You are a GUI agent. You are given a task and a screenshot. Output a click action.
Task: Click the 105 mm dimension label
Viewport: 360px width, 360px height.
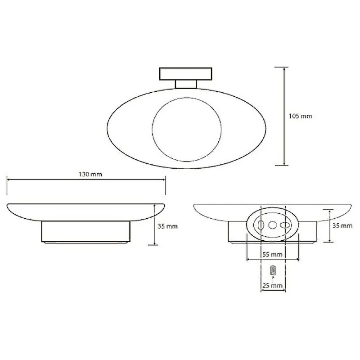pyautogui.click(x=300, y=116)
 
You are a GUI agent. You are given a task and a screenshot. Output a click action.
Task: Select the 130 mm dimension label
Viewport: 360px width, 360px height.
pyautogui.click(x=90, y=174)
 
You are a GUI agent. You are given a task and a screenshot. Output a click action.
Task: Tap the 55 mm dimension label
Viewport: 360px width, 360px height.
pyautogui.click(x=272, y=254)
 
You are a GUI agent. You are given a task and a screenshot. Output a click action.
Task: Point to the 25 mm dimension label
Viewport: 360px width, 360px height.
pyautogui.click(x=272, y=286)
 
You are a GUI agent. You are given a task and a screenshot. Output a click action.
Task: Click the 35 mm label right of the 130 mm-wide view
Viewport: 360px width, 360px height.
pyautogui.click(x=167, y=226)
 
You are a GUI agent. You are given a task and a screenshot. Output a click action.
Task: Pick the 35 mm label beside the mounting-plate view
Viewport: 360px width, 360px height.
pyautogui.click(x=342, y=226)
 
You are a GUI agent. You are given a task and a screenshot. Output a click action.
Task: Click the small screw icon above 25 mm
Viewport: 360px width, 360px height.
pyautogui.click(x=273, y=270)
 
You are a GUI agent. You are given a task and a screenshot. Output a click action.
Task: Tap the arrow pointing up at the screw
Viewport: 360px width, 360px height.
pyautogui.click(x=273, y=279)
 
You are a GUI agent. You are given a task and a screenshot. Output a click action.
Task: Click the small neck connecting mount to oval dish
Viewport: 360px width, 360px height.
pyautogui.click(x=186, y=84)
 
